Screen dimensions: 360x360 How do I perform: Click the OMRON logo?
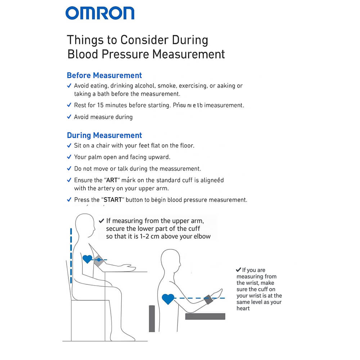click(100, 13)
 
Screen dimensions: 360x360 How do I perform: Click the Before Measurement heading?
click(104, 76)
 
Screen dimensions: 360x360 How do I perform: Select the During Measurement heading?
click(104, 135)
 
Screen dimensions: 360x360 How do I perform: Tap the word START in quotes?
click(113, 200)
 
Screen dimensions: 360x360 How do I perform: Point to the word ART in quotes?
click(112, 180)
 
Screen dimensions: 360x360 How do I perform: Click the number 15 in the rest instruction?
click(102, 105)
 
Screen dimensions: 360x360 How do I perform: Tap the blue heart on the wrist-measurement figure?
click(168, 299)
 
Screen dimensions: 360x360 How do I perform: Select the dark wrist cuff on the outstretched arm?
click(208, 299)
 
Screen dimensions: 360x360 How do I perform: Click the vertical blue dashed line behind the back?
click(71, 256)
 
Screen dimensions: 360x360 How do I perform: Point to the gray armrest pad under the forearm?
click(205, 316)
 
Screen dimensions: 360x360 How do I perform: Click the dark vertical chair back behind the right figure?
click(152, 319)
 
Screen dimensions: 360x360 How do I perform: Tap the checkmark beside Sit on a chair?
click(69, 146)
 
